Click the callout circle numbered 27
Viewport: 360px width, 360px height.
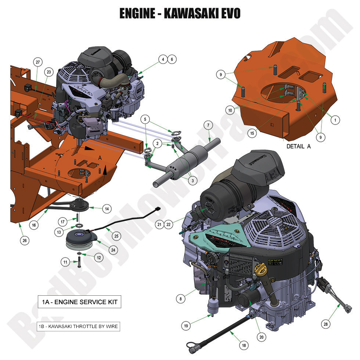click(x=37, y=62)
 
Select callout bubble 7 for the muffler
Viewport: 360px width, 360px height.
click(x=208, y=125)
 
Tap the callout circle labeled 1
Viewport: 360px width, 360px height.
click(x=334, y=119)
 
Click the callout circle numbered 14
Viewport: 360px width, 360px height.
click(x=107, y=208)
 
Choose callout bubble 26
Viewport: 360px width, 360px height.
click(x=25, y=241)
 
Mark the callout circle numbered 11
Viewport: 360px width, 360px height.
click(x=65, y=262)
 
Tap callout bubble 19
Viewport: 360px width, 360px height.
click(x=186, y=325)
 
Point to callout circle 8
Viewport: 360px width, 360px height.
click(x=180, y=299)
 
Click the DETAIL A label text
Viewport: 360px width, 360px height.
click(x=298, y=146)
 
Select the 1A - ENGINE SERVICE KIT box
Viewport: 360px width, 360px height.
click(x=79, y=302)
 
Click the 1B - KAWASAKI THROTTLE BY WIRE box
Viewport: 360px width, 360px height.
click(x=78, y=326)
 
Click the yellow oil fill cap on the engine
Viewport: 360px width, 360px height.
click(x=260, y=273)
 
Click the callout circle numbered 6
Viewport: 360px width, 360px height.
click(x=172, y=59)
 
